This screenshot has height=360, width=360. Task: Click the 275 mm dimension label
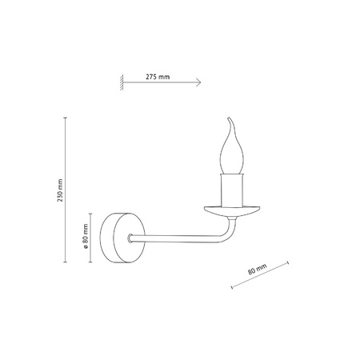tap(158, 76)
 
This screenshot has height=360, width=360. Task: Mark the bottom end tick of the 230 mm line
tap(66, 261)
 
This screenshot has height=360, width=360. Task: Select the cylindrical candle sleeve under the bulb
tap(234, 189)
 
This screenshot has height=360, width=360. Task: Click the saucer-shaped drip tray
tap(234, 211)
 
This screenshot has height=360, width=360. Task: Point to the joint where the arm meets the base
tap(132, 238)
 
